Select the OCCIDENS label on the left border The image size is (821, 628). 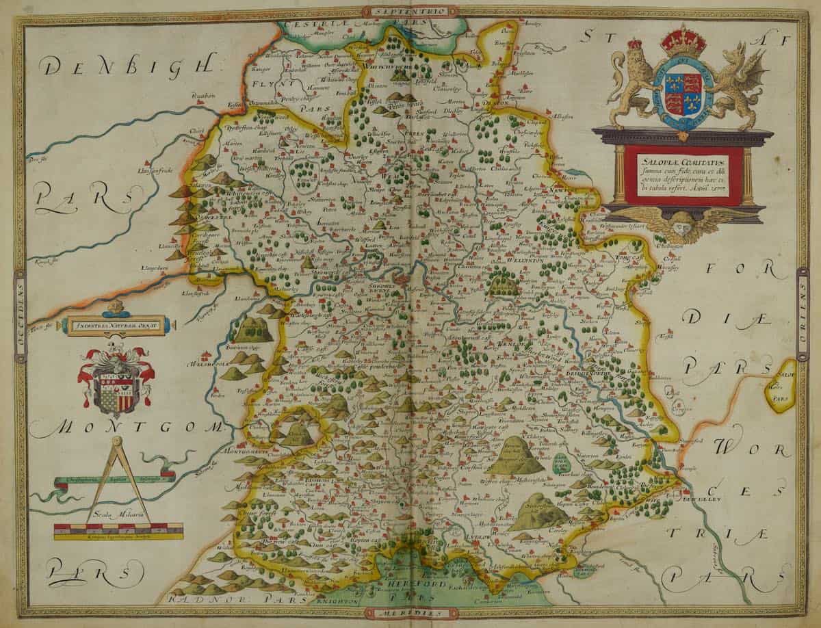pyautogui.click(x=19, y=315)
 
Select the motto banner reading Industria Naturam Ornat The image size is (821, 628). pyautogui.click(x=115, y=326)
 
